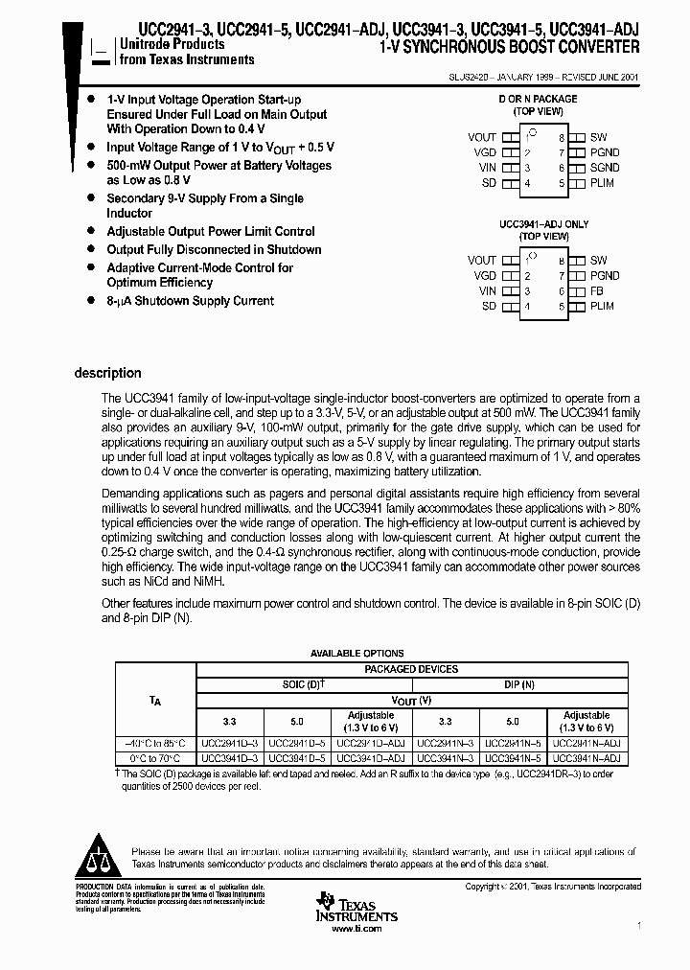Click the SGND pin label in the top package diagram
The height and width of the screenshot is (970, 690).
tap(605, 168)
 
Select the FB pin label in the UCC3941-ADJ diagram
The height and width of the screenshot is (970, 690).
tap(596, 290)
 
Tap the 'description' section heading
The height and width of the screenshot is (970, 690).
tap(107, 374)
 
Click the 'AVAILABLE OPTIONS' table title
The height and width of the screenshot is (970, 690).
tap(356, 653)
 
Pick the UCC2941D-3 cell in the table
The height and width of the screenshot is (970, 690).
tap(231, 743)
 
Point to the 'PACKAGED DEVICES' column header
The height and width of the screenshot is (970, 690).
tap(411, 669)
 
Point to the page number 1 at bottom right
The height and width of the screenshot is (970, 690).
tap(637, 926)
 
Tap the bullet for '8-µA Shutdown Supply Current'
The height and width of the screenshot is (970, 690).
tap(90, 301)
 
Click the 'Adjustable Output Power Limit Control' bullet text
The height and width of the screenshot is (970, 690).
tap(210, 231)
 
